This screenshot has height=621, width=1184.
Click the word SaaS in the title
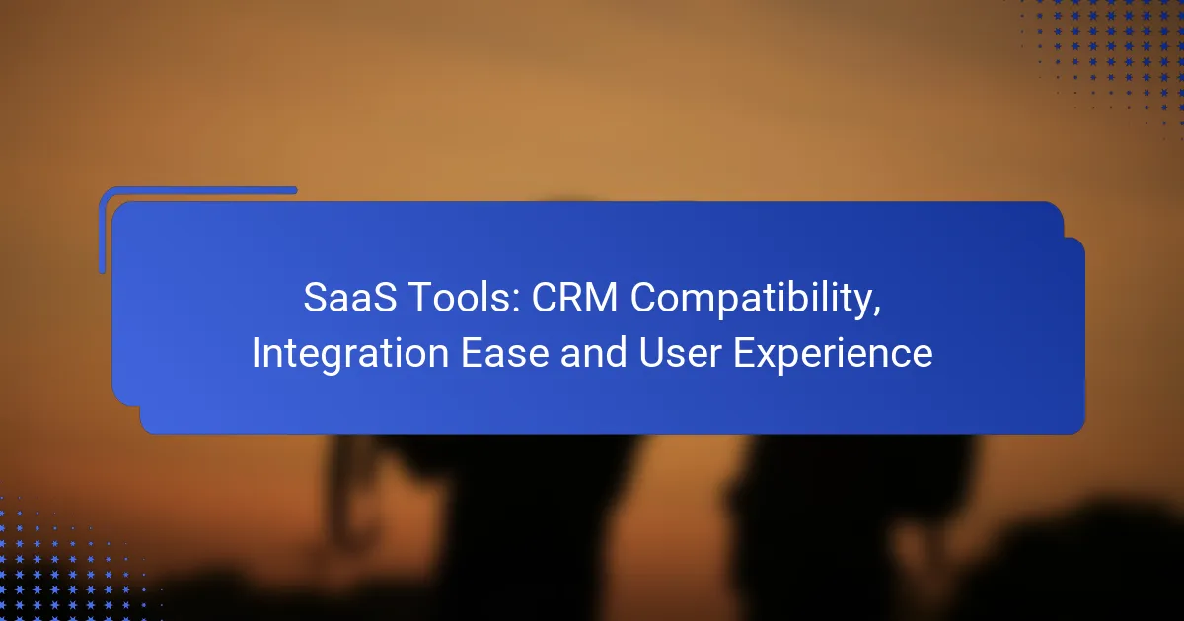point(349,298)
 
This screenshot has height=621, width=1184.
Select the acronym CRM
point(574,298)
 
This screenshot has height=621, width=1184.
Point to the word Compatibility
point(751,300)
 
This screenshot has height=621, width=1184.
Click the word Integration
point(350,354)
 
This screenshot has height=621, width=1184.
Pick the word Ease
point(505,353)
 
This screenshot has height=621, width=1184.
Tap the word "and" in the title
point(593,352)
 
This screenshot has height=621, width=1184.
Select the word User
point(680,353)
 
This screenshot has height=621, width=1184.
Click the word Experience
point(833,354)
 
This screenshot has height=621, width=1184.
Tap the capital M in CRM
point(602,298)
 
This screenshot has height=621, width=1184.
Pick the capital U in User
point(651,353)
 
